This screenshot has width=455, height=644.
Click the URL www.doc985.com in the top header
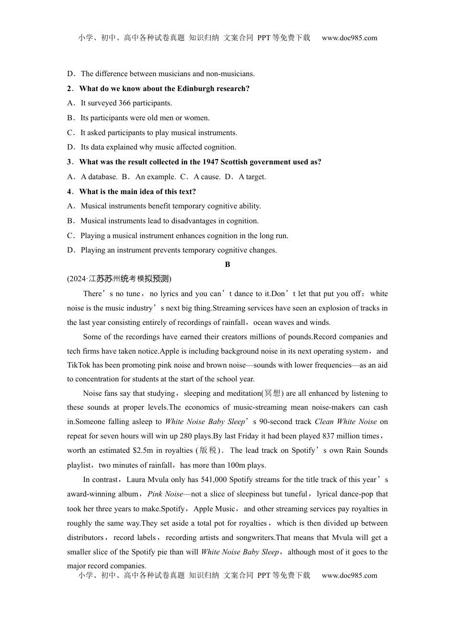[349, 38]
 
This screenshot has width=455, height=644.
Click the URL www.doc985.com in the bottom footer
[349, 575]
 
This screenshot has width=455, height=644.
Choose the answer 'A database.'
[99, 177]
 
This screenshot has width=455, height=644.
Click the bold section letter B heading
[227, 264]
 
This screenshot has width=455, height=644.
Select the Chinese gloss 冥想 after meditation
[273, 393]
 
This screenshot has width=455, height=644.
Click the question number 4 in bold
[69, 192]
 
